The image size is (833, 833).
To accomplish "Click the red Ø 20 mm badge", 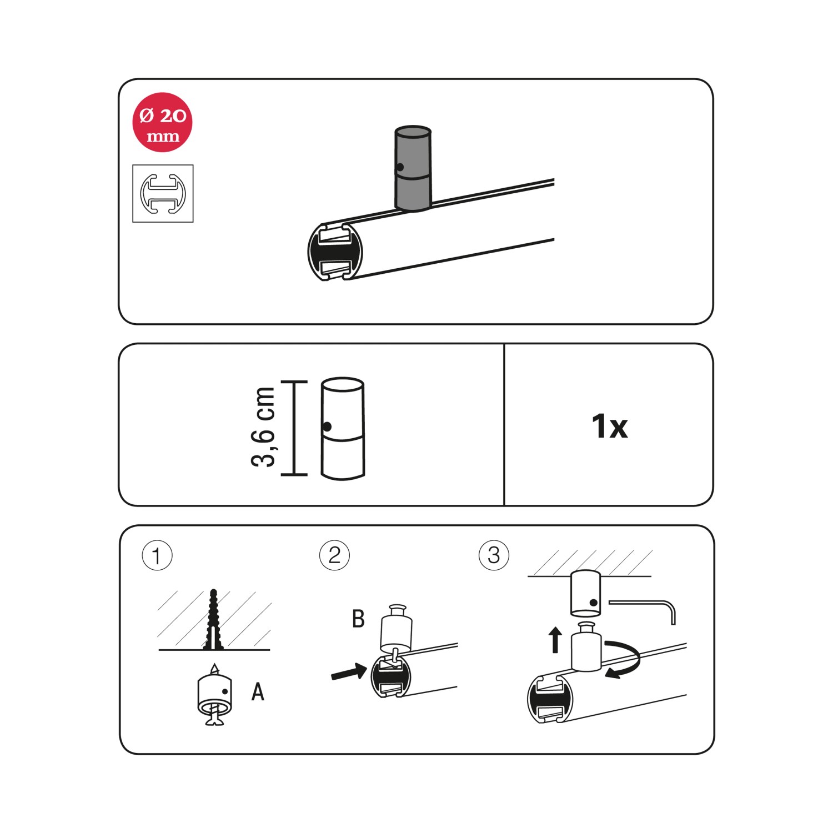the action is click(x=162, y=122).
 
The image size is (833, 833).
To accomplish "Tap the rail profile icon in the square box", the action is click(x=163, y=193).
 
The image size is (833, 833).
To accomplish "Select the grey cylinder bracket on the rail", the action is click(x=413, y=169).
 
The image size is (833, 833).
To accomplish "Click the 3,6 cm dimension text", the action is click(x=263, y=427).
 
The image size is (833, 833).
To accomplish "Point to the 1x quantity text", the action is click(x=609, y=426).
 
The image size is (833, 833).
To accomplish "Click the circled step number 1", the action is click(x=157, y=556).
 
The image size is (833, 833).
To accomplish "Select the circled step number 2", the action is click(x=334, y=555).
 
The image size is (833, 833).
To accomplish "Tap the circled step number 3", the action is click(x=494, y=555).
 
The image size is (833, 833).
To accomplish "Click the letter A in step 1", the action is click(x=258, y=692).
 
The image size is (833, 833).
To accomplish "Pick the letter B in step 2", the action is click(x=359, y=619).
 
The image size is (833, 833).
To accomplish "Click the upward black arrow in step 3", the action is click(x=555, y=640).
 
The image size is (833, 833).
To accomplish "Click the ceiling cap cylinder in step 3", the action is click(x=585, y=594).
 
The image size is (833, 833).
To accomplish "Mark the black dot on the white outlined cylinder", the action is click(x=327, y=426).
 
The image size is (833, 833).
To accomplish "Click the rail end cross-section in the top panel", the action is click(x=335, y=252).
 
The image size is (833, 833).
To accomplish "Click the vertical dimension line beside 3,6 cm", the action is click(x=294, y=428).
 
